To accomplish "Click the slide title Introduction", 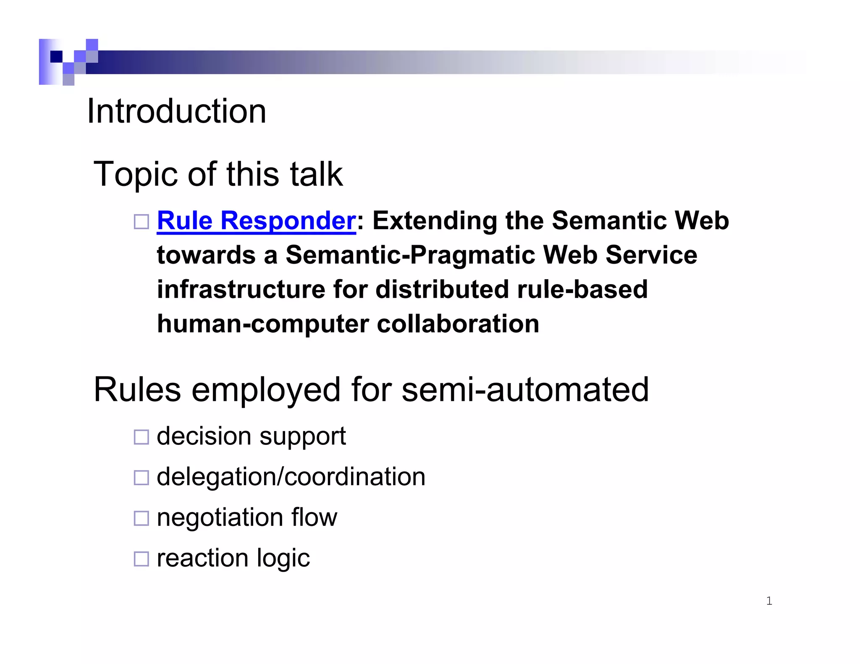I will click(x=176, y=111).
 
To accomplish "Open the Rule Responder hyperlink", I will click(x=256, y=221).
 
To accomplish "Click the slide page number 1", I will click(x=769, y=601).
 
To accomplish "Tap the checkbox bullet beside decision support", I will click(x=141, y=437).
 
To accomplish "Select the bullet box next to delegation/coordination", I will click(x=141, y=478).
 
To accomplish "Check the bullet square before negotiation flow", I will click(x=141, y=518).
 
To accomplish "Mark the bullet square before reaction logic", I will click(x=141, y=559).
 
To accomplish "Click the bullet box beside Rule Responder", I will click(x=141, y=222).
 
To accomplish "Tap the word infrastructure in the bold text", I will click(x=241, y=290).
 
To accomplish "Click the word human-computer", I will click(x=262, y=324).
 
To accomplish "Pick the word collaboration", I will click(x=458, y=324).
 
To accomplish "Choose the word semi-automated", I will click(x=525, y=390).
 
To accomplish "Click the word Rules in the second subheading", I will click(x=137, y=390).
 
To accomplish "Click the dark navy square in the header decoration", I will click(x=56, y=56).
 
